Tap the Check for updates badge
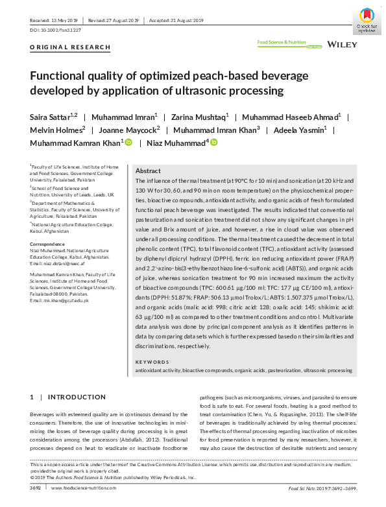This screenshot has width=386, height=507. coord(366,19)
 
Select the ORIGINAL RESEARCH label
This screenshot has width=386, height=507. coord(61,48)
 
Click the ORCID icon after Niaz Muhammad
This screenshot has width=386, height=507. coord(214,142)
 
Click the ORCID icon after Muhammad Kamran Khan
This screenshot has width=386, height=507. coord(128,142)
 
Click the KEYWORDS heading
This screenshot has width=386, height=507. coord(152,362)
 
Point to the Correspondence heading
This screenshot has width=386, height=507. coord(48,244)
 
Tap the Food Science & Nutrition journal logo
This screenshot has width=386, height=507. coord(282,43)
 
